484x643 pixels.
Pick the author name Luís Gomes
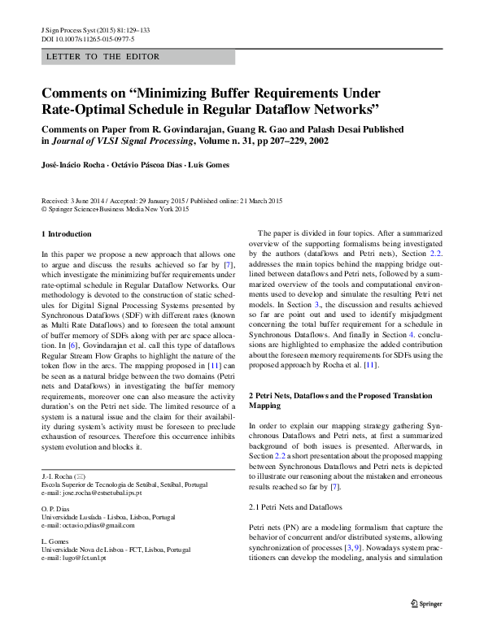(205, 165)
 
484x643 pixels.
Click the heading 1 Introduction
(67, 234)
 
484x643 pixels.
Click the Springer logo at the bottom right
(425, 602)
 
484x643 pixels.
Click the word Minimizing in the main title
(193, 92)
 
